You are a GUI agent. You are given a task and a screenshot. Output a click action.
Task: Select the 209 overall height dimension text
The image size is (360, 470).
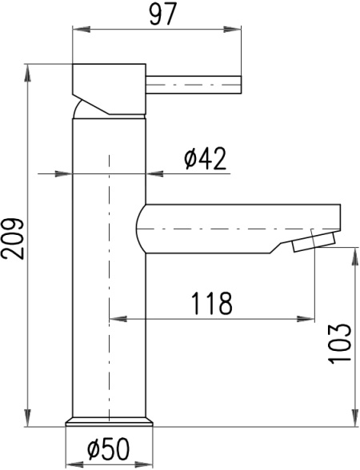pos(12,239)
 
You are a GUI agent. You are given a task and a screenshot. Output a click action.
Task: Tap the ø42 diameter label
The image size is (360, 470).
pos(205,159)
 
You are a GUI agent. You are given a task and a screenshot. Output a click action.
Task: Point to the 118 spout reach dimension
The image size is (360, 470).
pos(212,304)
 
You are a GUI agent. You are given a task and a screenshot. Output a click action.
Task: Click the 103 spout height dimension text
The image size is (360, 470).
pos(339,344)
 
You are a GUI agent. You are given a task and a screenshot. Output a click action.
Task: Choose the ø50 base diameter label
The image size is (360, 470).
pos(109,448)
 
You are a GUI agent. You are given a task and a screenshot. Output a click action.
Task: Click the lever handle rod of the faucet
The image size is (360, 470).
pos(194,85)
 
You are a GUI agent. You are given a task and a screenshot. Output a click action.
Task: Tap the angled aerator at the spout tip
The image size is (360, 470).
pos(314,242)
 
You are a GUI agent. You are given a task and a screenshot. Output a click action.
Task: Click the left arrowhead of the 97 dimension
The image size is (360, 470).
pos(82,30)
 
